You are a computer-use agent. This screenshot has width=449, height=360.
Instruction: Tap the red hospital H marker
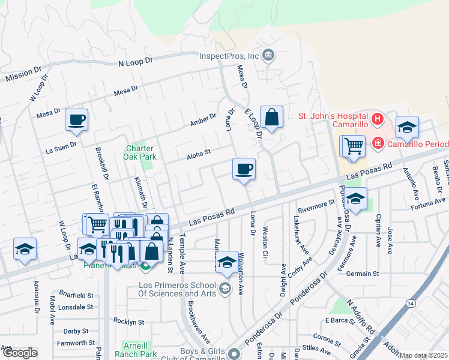coord(377,119)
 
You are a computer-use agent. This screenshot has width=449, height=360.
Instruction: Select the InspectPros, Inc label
coord(229,56)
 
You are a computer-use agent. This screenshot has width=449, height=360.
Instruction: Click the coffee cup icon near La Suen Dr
coord(77,120)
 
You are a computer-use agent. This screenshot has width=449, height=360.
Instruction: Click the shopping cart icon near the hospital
coord(354,145)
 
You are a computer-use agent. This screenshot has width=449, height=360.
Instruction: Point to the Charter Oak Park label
coord(140,152)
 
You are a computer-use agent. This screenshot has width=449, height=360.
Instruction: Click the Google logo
coord(19,353)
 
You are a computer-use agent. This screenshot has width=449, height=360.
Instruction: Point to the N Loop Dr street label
coord(136,62)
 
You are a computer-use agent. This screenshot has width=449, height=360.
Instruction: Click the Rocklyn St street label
coord(129,322)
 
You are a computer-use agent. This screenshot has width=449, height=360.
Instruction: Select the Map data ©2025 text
coord(424,355)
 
